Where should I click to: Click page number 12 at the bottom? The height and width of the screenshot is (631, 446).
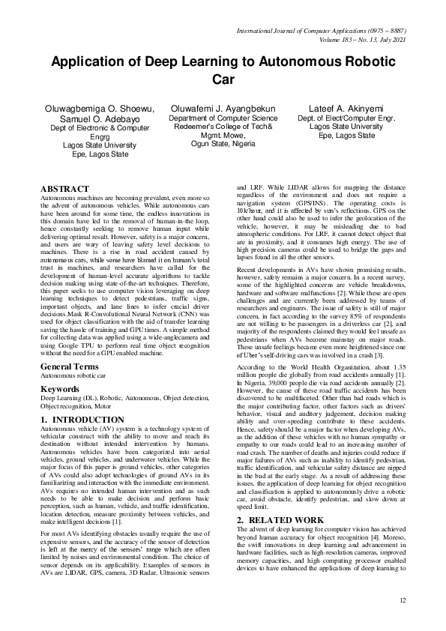point(402,600)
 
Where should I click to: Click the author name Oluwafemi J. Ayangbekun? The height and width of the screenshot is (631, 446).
point(223,109)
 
